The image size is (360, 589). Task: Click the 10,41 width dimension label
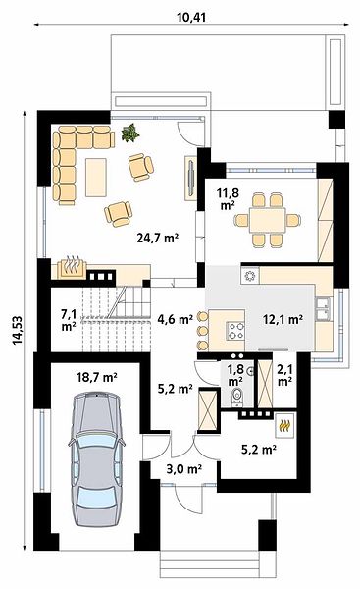[x=191, y=17]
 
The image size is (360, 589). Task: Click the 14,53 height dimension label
[x=18, y=330]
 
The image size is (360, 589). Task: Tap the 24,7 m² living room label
[x=157, y=238]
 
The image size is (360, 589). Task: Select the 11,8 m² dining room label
[x=228, y=199]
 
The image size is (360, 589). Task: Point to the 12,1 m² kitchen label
[x=283, y=320]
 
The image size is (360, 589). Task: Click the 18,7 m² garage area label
[x=97, y=377]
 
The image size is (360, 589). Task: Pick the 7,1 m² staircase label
[x=69, y=320]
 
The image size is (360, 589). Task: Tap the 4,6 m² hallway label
[x=176, y=320]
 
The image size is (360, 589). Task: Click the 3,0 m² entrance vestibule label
[x=184, y=469]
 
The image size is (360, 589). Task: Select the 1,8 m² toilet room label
[x=235, y=375]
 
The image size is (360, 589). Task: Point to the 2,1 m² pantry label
[x=284, y=375]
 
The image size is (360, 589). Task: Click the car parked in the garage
[x=96, y=458]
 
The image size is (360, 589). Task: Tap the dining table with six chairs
[x=267, y=220]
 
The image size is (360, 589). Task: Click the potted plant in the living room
[x=130, y=133]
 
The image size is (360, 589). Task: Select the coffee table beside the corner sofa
[x=96, y=178]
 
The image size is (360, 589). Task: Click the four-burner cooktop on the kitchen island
[x=235, y=331]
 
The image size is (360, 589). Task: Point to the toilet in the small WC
[x=237, y=398]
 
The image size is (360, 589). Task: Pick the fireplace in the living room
[x=72, y=267]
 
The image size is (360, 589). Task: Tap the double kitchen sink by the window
[x=324, y=309]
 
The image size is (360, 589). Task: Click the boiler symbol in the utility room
[x=285, y=425]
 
